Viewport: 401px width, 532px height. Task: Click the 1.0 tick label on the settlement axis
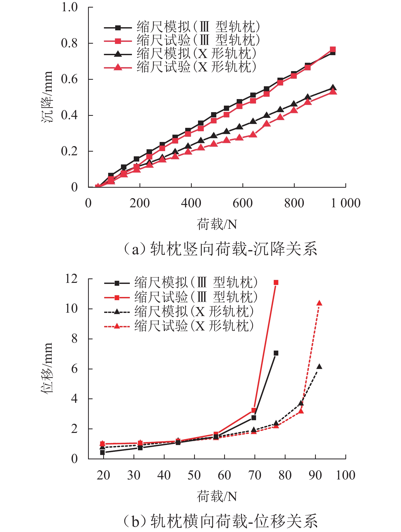pos(69,7)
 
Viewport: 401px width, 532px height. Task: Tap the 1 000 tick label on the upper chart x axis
pos(346,203)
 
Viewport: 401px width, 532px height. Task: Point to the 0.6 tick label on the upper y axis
pos(69,79)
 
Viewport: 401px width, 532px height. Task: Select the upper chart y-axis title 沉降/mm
pos(47,97)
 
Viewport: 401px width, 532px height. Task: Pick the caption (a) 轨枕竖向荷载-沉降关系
pos(220,249)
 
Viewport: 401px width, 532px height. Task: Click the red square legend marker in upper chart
pos(118,41)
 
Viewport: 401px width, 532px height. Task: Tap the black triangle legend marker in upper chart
pos(118,54)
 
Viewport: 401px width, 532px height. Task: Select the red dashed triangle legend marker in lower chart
pos(117,326)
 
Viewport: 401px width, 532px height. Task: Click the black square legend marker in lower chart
pos(117,283)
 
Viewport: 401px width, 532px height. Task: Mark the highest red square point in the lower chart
pos(276,282)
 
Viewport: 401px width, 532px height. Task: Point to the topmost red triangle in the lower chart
pos(319,303)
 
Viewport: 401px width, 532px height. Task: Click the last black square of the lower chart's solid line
pos(276,353)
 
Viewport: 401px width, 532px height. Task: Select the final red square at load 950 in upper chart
pos(333,49)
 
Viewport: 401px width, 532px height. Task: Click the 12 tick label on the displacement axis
pos(71,279)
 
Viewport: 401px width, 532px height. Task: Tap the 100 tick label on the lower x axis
pos(345,475)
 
